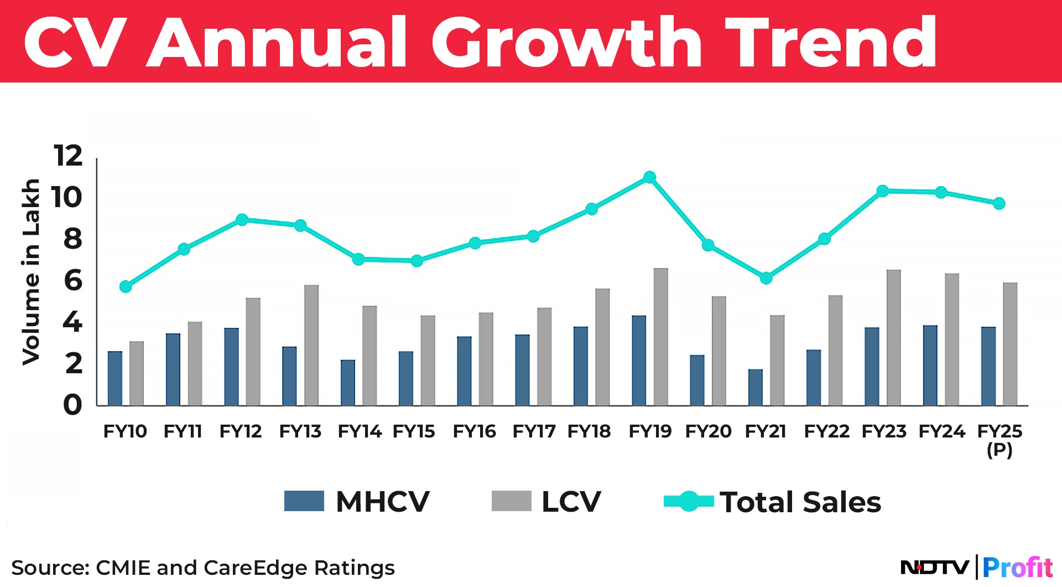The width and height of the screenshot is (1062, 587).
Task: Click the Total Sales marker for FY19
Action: [x=650, y=177]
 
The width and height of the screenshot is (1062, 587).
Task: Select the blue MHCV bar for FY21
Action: [x=755, y=387]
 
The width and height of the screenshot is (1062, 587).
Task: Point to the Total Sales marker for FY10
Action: [x=126, y=286]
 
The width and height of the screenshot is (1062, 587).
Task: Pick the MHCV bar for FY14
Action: [x=348, y=383]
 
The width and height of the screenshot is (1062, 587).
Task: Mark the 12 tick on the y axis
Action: [x=68, y=156]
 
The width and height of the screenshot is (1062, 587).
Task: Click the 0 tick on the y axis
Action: [x=72, y=405]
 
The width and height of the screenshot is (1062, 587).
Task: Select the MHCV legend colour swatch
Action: [x=304, y=501]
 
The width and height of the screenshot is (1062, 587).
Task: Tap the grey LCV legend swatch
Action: [x=511, y=501]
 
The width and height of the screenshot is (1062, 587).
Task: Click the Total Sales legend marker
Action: [x=689, y=501]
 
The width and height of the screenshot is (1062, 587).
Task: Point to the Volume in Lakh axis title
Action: [x=32, y=271]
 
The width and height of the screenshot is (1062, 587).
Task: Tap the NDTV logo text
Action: [x=935, y=567]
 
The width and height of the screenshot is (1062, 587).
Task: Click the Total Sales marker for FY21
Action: [x=766, y=278]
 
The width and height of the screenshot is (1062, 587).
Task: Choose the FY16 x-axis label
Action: [x=474, y=431]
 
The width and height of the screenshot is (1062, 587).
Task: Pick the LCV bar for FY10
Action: [x=137, y=373]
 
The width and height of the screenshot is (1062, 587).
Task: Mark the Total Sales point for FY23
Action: [x=883, y=191]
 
